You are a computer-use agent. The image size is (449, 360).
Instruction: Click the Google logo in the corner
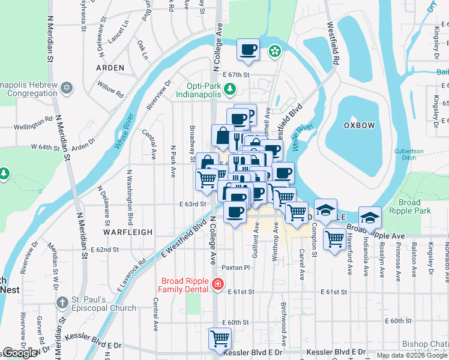coord(19,353)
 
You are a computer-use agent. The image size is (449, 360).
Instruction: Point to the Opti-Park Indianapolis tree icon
coord(229,89)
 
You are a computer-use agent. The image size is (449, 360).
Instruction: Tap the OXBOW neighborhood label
coord(359,125)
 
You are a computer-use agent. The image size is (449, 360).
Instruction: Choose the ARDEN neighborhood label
coord(110,68)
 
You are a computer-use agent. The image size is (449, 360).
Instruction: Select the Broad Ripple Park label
coord(409,207)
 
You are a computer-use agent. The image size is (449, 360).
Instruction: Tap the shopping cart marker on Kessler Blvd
coord(220,338)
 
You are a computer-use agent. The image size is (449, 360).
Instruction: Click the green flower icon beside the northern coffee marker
coord(274,52)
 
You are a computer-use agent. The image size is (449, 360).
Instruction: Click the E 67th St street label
coord(235,75)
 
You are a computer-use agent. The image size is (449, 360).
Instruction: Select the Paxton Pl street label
coord(235,267)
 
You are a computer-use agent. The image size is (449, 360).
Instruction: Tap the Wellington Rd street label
coord(34,124)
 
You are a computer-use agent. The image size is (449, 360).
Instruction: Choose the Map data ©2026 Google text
coord(412,355)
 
